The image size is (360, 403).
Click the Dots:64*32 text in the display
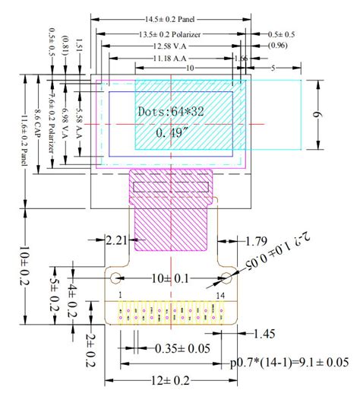click(x=172, y=111)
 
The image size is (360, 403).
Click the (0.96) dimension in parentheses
click(x=280, y=46)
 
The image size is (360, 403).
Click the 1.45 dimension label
click(x=264, y=333)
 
